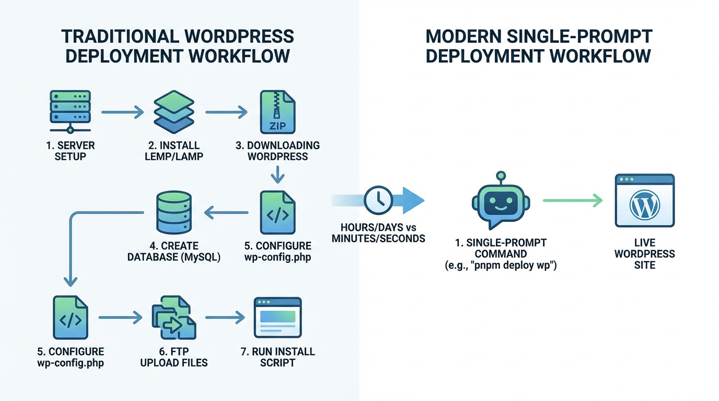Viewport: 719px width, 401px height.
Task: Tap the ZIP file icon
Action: tap(277, 112)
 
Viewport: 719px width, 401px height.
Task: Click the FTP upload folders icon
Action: tap(174, 318)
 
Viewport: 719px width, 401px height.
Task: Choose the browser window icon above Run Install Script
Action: tap(277, 317)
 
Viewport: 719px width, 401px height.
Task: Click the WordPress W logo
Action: tap(645, 205)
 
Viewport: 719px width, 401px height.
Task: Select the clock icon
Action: tap(379, 200)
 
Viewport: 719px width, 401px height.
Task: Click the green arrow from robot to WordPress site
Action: tap(573, 200)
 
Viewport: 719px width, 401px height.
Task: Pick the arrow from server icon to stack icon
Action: tap(122, 112)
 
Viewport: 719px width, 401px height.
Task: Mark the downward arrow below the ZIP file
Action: tap(277, 174)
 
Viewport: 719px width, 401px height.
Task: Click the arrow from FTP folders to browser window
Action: tap(225, 317)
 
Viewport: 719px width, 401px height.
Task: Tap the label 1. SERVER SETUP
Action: tap(70, 151)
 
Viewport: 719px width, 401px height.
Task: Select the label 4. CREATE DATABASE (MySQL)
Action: tap(174, 251)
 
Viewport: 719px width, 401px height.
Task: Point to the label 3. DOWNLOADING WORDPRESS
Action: tap(277, 151)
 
